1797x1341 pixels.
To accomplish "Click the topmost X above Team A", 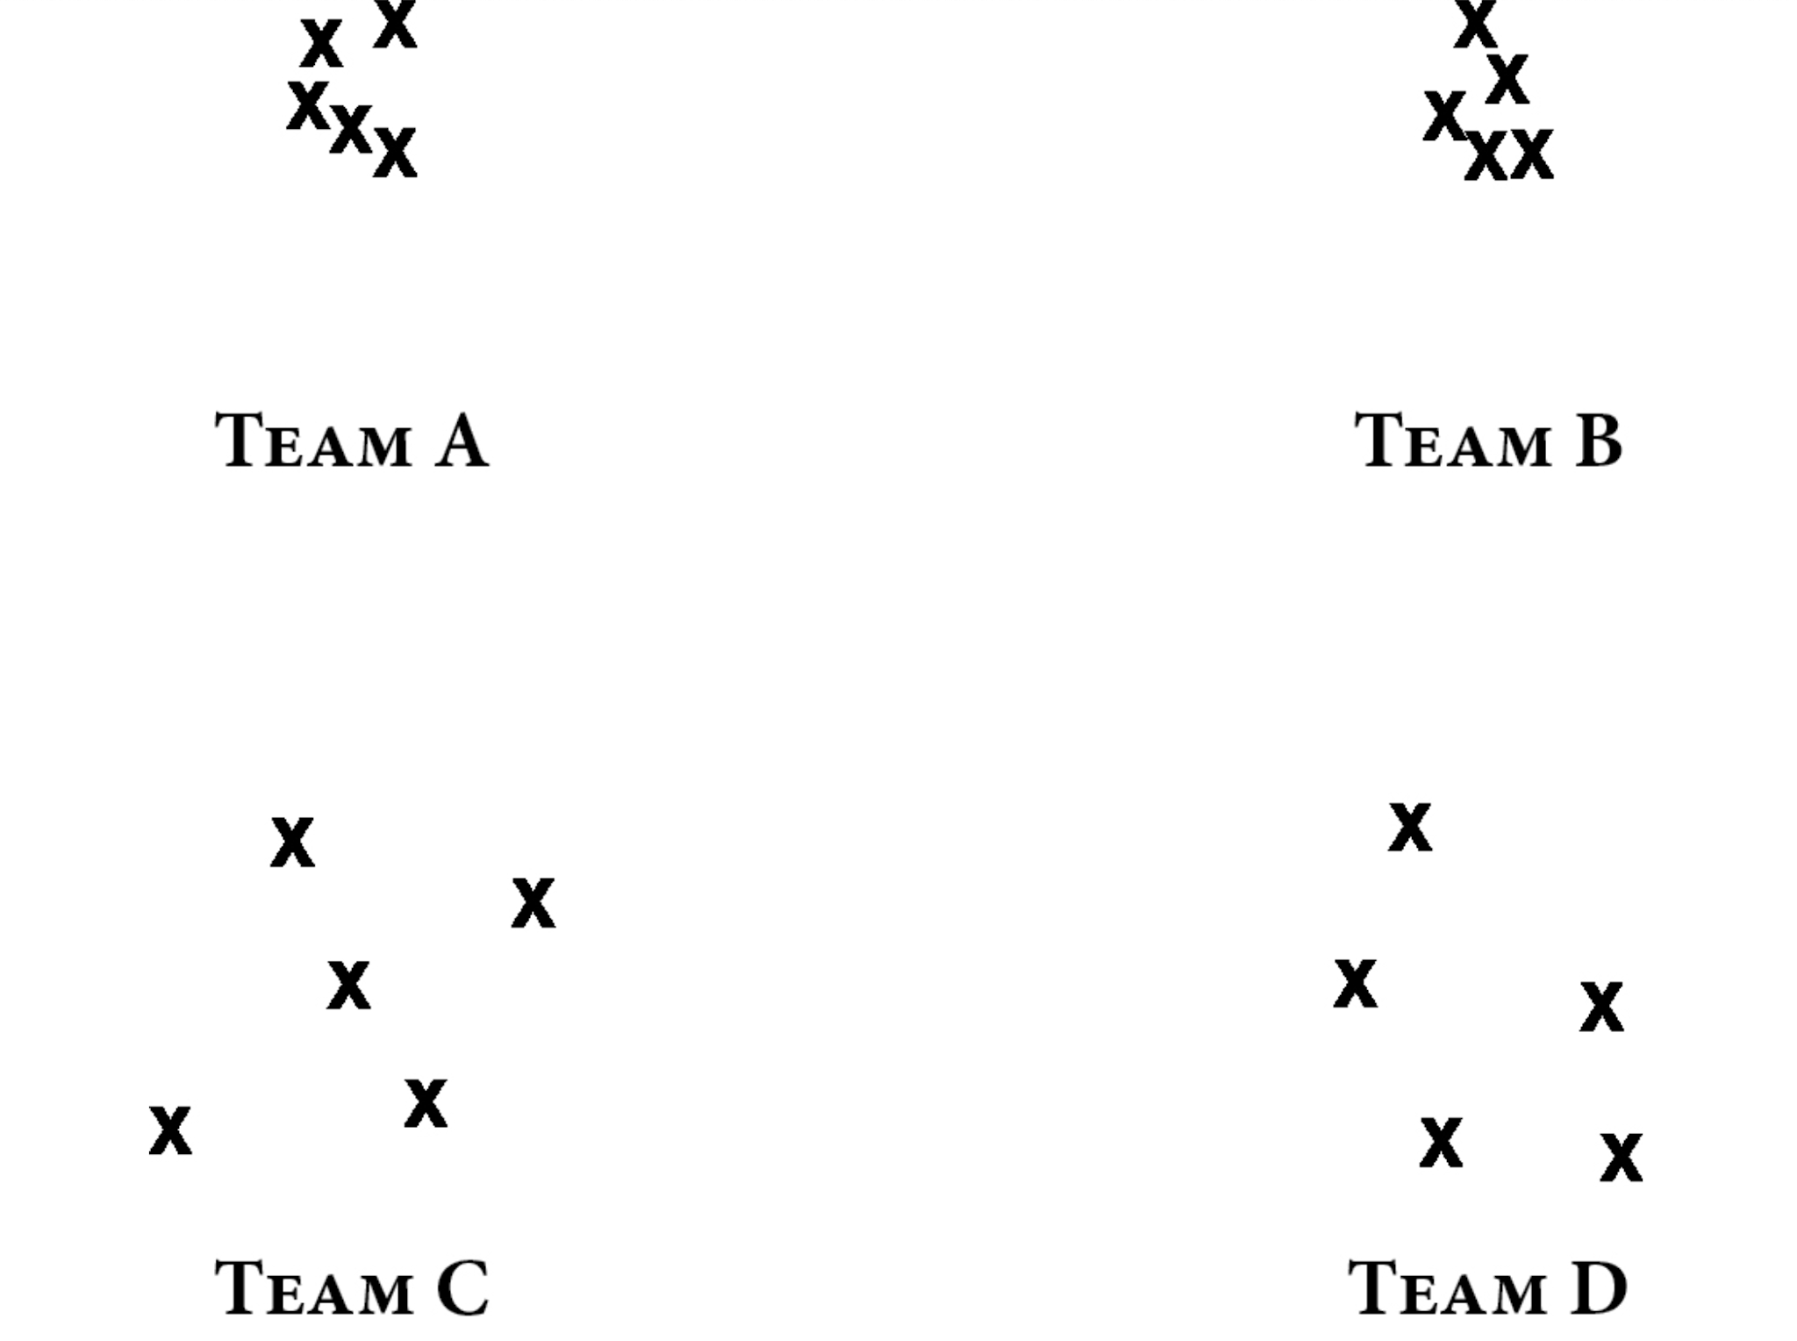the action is pyautogui.click(x=395, y=23).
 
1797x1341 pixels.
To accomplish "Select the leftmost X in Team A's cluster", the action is pyautogui.click(x=308, y=105).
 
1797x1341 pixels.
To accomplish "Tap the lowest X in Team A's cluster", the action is pyautogui.click(x=395, y=153).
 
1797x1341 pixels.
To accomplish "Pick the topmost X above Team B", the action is pyautogui.click(x=1475, y=25).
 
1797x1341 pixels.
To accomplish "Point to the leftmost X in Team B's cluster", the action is pyautogui.click(x=1444, y=116).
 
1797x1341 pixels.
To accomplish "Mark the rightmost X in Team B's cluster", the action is pyautogui.click(x=1532, y=154).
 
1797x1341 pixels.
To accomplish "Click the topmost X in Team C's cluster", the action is pyautogui.click(x=292, y=843).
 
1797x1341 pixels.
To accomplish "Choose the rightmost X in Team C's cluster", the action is pyautogui.click(x=533, y=903).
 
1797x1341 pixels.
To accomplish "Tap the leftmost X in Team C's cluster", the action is pyautogui.click(x=170, y=1130).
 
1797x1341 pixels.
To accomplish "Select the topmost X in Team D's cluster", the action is pyautogui.click(x=1410, y=827).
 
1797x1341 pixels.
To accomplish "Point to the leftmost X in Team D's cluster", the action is pyautogui.click(x=1356, y=984).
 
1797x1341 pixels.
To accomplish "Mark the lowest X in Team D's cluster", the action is pyautogui.click(x=1621, y=1158).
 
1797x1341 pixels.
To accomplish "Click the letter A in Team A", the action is pyautogui.click(x=462, y=441).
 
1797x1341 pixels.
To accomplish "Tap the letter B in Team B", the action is pyautogui.click(x=1599, y=441).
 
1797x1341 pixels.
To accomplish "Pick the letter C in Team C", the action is pyautogui.click(x=462, y=1288).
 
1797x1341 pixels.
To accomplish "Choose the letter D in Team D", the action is pyautogui.click(x=1599, y=1288).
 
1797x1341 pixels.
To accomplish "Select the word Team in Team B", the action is pyautogui.click(x=1453, y=441).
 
